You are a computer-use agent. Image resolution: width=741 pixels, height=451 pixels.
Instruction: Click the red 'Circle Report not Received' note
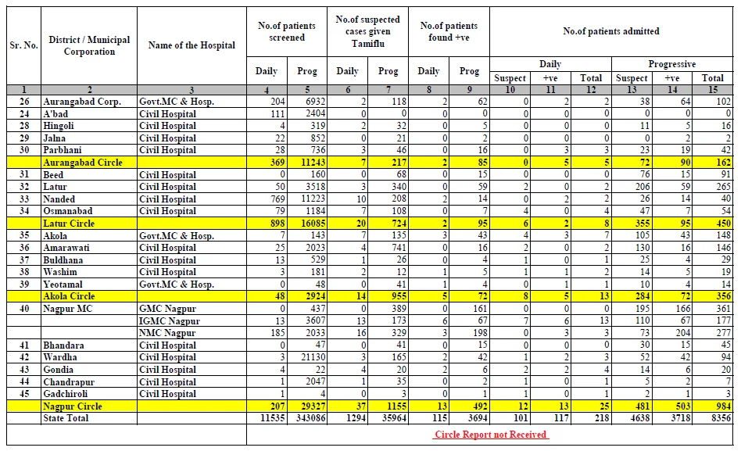click(491, 435)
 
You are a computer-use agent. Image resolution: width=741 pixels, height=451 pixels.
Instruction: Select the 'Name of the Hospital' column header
click(192, 45)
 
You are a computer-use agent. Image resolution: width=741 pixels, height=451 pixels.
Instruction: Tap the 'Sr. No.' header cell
click(23, 45)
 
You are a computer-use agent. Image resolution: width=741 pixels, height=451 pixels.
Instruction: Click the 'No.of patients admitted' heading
click(611, 31)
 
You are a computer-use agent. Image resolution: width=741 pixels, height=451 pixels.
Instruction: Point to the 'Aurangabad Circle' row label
click(83, 163)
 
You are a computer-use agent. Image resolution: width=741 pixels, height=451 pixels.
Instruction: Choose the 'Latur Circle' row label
click(69, 224)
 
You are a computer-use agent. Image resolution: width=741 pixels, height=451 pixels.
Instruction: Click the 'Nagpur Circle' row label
click(73, 406)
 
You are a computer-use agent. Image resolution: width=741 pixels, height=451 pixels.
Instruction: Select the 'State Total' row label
click(66, 418)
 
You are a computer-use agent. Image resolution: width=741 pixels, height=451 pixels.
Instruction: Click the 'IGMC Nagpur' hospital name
click(169, 321)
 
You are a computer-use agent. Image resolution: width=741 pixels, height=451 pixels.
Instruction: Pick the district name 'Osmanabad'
click(67, 211)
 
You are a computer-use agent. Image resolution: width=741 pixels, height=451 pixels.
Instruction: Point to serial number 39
click(24, 285)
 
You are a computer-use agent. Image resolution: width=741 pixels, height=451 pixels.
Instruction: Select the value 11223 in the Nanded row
click(313, 199)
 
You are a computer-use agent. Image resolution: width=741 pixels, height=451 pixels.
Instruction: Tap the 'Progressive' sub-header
click(672, 64)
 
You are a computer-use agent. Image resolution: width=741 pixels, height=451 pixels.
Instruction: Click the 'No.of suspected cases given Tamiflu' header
click(367, 32)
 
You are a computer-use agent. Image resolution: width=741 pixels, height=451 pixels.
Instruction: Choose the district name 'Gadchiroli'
click(65, 394)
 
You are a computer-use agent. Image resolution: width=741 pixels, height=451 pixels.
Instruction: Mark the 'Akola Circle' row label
click(69, 296)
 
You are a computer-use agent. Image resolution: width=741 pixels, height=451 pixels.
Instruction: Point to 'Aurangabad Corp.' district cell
click(82, 102)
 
